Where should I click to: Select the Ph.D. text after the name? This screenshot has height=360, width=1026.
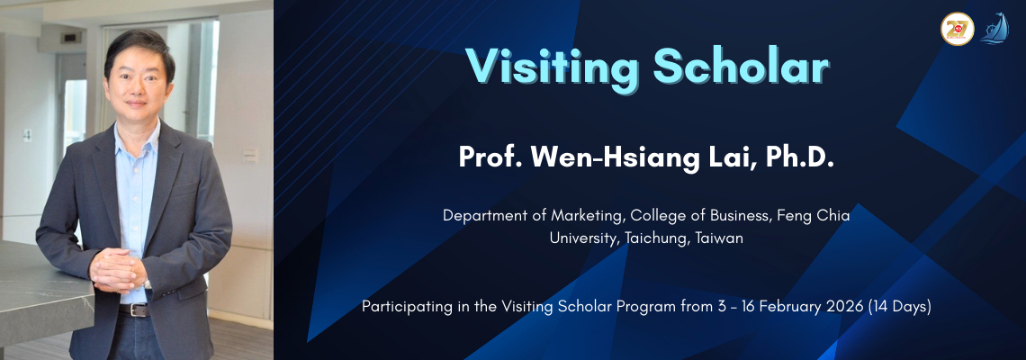pyautogui.click(x=800, y=157)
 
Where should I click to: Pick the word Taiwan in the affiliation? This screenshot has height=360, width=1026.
pyautogui.click(x=719, y=238)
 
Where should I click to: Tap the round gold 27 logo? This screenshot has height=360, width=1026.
pyautogui.click(x=957, y=29)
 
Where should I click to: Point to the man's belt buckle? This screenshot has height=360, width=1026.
pyautogui.click(x=135, y=310)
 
